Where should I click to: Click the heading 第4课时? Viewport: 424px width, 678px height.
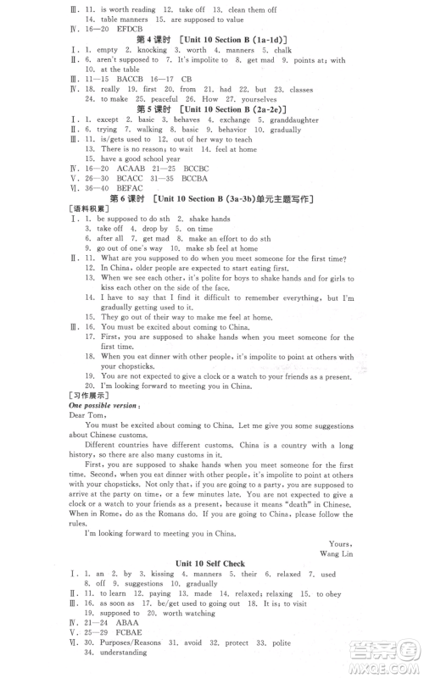151,39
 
